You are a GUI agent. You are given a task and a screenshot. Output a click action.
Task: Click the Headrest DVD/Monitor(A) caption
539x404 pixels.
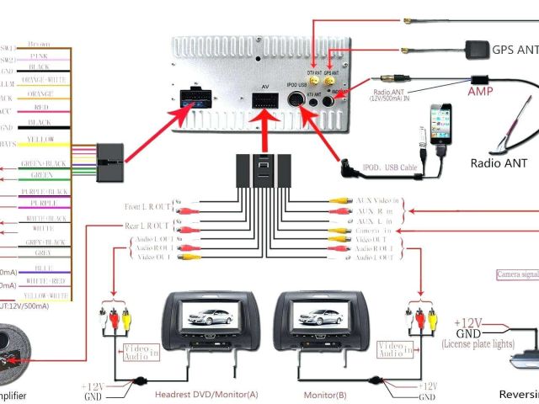pyautogui.click(x=205, y=394)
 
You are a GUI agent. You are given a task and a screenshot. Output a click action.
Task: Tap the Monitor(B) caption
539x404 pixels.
pyautogui.click(x=326, y=394)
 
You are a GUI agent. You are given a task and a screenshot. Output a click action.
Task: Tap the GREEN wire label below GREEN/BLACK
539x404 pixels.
pyautogui.click(x=41, y=175)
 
